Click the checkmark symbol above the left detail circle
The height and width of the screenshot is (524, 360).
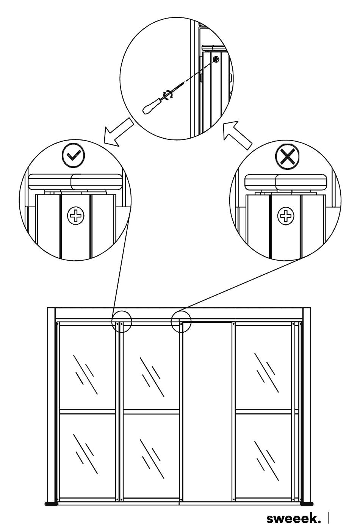pos(74,155)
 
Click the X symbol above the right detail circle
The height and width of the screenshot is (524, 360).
pos(287,156)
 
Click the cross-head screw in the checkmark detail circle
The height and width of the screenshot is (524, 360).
pos(75,216)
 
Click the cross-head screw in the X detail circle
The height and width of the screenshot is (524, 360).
pos(286,216)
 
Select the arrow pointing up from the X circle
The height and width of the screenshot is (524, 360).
pos(237,135)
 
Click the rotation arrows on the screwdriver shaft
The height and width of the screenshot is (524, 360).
pos(168,95)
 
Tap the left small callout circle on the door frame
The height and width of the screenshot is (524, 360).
pos(122,322)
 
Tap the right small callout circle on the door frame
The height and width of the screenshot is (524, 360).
pos(181,322)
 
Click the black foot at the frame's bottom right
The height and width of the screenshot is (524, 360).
pos(307,502)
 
